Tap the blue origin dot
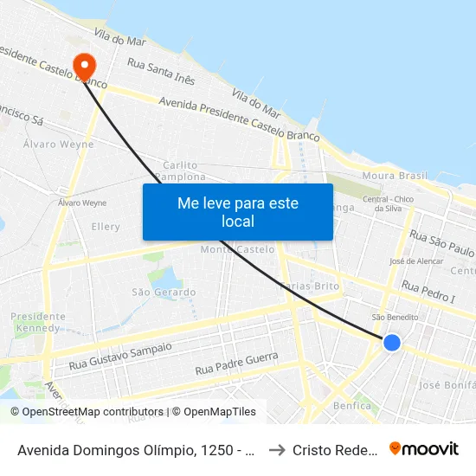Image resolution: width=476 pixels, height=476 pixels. click(x=392, y=343)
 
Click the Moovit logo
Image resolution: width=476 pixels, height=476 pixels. click(x=423, y=449)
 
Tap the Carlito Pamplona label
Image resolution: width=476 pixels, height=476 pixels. click(x=180, y=170)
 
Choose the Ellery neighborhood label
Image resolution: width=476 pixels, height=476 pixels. click(x=106, y=227)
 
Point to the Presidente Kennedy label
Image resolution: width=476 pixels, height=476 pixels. click(x=38, y=322)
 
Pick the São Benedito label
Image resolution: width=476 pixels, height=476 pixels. click(x=394, y=318)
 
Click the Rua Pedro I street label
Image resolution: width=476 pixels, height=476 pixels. click(x=428, y=293)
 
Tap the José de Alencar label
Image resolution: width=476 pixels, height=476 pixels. click(x=411, y=261)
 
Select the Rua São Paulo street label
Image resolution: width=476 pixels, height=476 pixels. click(x=441, y=241)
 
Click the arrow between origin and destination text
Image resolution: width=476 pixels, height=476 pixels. click(x=274, y=449)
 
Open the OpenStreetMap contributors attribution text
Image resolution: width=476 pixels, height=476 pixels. click(x=87, y=412)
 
